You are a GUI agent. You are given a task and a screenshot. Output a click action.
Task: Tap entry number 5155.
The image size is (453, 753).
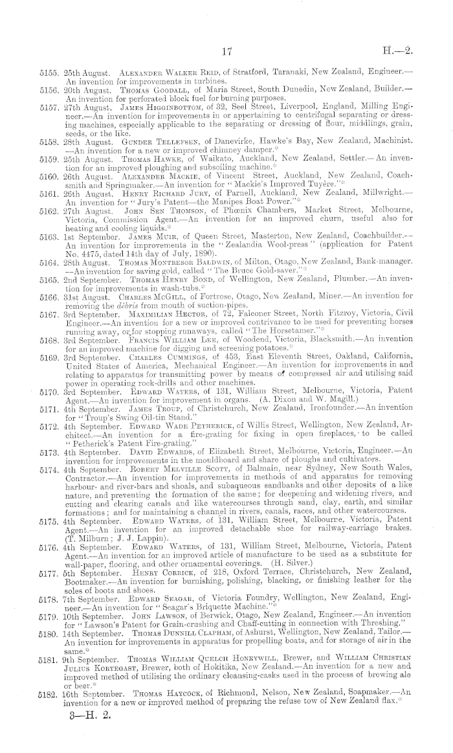click(49, 76)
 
